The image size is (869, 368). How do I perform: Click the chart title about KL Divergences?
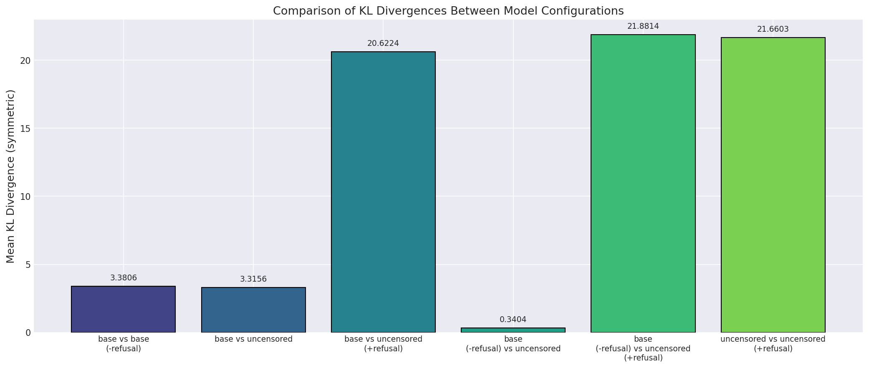(x=448, y=11)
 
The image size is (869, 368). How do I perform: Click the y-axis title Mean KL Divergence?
(x=11, y=176)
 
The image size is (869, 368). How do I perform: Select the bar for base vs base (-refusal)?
(x=124, y=309)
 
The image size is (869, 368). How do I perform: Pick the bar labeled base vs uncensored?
(x=253, y=310)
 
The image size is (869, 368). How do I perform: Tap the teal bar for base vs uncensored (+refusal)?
(x=383, y=192)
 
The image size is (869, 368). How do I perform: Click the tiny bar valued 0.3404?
(x=513, y=330)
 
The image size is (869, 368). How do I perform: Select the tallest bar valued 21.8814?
(x=643, y=184)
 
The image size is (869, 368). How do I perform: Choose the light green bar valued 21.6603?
(x=773, y=185)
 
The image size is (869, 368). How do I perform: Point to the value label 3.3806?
(x=124, y=278)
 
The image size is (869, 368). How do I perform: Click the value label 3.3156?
(x=253, y=279)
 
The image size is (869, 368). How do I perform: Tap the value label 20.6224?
(x=383, y=43)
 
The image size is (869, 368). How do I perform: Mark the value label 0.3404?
(x=513, y=320)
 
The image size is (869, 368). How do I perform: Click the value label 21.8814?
(x=643, y=26)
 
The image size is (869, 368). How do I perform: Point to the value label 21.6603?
(x=773, y=29)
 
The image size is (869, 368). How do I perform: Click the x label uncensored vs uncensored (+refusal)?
(x=773, y=344)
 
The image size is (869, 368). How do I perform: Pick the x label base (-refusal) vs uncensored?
(x=513, y=344)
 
